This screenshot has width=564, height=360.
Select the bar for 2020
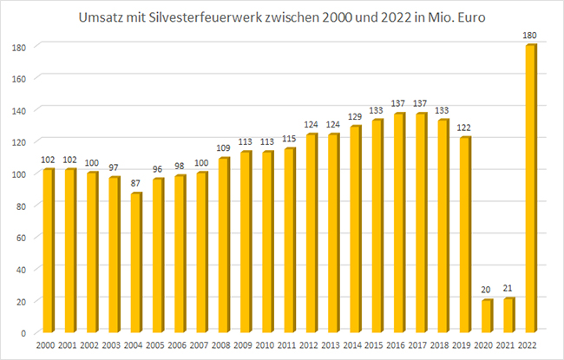pos(487,316)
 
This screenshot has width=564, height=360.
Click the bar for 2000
pos(49,251)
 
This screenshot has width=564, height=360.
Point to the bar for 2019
pos(465,235)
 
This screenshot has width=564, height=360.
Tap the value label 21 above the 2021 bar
pos(508,290)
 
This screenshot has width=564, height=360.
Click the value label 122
pos(465,129)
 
